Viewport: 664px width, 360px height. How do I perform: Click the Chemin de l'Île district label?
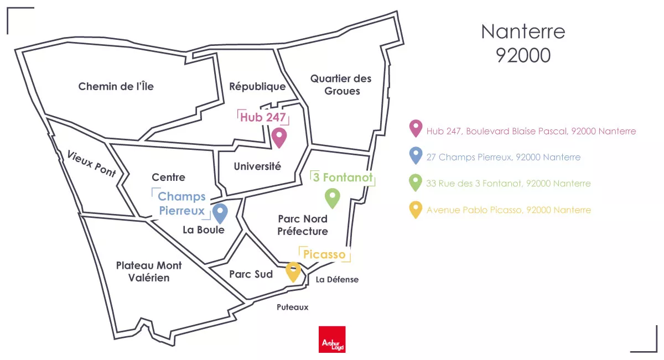coord(116,86)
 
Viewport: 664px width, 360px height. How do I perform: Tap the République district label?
coord(257,87)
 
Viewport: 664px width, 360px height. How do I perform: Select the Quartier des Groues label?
coord(341,85)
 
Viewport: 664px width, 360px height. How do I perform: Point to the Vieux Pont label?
coord(91,163)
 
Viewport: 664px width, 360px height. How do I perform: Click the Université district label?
coord(257,166)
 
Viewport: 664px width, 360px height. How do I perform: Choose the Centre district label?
coord(168,178)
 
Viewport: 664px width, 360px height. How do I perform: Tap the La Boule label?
coord(204,229)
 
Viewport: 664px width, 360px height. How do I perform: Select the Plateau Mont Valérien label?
coord(149,272)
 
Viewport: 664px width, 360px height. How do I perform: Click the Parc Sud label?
coord(251,274)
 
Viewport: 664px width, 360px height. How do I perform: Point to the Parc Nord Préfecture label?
coord(303,225)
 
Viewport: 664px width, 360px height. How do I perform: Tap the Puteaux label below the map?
coord(293,307)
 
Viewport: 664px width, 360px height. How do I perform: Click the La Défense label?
coord(337,280)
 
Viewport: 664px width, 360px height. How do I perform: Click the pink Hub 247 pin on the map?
coord(279,137)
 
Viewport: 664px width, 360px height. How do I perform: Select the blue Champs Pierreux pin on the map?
coord(220,212)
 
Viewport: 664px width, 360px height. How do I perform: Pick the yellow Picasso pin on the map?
coord(293,272)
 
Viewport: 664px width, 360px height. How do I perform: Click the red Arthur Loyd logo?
coord(332,340)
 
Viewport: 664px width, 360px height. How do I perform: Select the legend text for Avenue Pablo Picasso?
coord(509,210)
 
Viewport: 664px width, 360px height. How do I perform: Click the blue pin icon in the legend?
coord(415,157)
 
